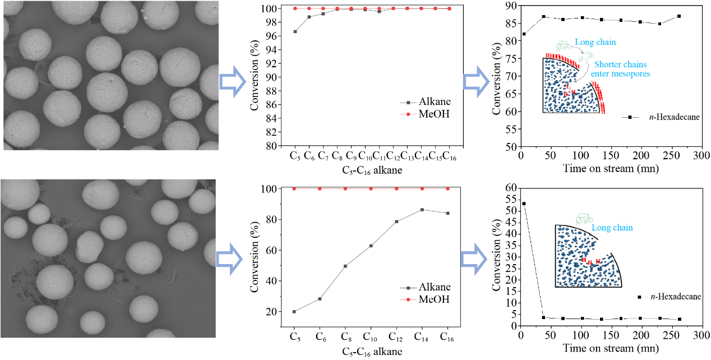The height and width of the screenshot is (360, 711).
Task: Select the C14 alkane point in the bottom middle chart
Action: (x=422, y=210)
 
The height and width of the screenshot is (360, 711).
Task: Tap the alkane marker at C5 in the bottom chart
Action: (x=294, y=311)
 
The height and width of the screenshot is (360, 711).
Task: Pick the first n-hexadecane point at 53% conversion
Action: (x=524, y=204)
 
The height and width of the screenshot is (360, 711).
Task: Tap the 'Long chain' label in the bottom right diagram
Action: (x=612, y=228)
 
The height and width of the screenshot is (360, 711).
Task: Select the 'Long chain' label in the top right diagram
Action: (x=595, y=43)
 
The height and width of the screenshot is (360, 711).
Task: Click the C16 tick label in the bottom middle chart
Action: (x=447, y=337)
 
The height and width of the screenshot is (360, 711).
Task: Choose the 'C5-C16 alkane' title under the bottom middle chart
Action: (x=371, y=352)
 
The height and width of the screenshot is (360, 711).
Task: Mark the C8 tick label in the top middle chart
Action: (x=337, y=156)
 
